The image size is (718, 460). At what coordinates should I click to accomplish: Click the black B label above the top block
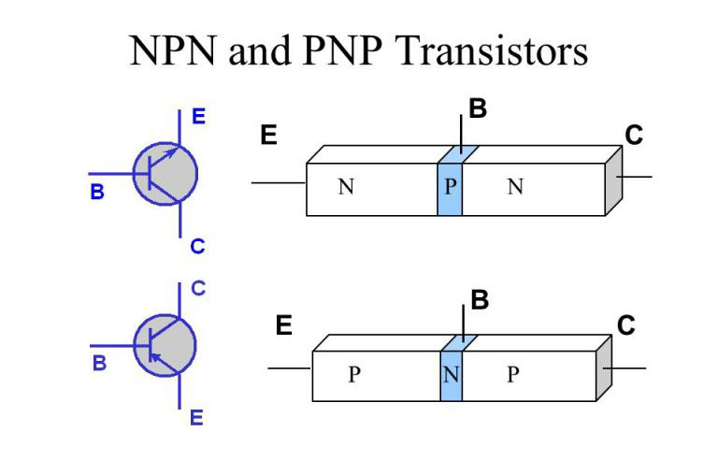[478, 109]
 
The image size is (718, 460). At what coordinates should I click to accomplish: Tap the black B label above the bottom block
[481, 301]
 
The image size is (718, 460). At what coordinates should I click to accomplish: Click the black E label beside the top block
[268, 137]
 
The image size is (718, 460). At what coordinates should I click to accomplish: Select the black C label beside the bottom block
[625, 325]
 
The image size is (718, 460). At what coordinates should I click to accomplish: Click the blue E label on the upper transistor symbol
[199, 118]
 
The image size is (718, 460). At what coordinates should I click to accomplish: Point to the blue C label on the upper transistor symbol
[197, 247]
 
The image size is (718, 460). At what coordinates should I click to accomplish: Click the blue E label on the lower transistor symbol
[196, 418]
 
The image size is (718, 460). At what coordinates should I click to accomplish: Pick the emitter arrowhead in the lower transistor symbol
[156, 356]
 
